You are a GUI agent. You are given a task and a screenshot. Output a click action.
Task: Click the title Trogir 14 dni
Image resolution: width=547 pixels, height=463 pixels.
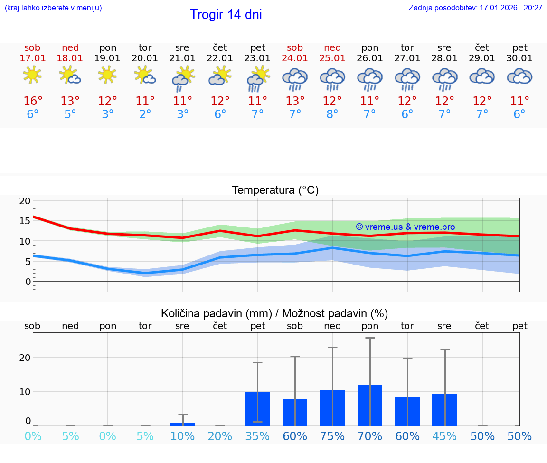coord(226,15)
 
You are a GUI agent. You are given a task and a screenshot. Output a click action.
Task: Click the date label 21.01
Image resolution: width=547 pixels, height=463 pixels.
coord(182,58)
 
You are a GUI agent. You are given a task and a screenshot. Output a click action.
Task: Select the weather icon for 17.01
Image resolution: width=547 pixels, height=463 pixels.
coord(32,75)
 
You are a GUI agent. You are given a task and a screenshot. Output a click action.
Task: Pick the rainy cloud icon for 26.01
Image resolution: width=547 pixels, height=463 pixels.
coord(370,78)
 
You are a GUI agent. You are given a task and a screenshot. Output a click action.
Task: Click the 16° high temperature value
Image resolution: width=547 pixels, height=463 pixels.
coord(33,101)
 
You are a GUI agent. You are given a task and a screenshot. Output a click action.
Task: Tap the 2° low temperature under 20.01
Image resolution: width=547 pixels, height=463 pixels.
coord(145,114)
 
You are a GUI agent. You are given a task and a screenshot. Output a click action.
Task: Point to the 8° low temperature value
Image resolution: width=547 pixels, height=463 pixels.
coord(332,114)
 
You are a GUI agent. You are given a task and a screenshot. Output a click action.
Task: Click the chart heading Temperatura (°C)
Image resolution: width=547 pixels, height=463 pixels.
coord(275,190)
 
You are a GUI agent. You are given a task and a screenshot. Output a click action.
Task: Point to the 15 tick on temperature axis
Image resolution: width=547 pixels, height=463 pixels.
coord(25,221)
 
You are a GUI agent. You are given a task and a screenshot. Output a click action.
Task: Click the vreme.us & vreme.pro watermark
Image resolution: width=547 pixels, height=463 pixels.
coord(405,227)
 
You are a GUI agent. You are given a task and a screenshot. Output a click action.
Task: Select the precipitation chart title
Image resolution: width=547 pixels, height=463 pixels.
coord(274,313)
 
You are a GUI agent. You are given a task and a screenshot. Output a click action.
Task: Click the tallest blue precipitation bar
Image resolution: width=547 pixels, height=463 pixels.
coord(370,406)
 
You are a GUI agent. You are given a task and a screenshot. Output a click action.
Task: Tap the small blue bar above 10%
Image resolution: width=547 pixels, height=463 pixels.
coord(182,424)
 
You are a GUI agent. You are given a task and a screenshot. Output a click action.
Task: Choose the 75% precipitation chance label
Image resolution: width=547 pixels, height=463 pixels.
coord(332,436)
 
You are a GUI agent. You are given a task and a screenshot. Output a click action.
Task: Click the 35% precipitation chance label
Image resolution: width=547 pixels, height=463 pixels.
coord(257,436)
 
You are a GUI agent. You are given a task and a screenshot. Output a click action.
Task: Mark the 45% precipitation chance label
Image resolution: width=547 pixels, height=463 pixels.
coord(444,436)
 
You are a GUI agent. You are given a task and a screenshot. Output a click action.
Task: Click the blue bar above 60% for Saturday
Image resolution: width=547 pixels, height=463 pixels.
coord(295,412)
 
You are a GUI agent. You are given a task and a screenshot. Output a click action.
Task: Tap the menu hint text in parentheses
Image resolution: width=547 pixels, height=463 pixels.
coord(53,8)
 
